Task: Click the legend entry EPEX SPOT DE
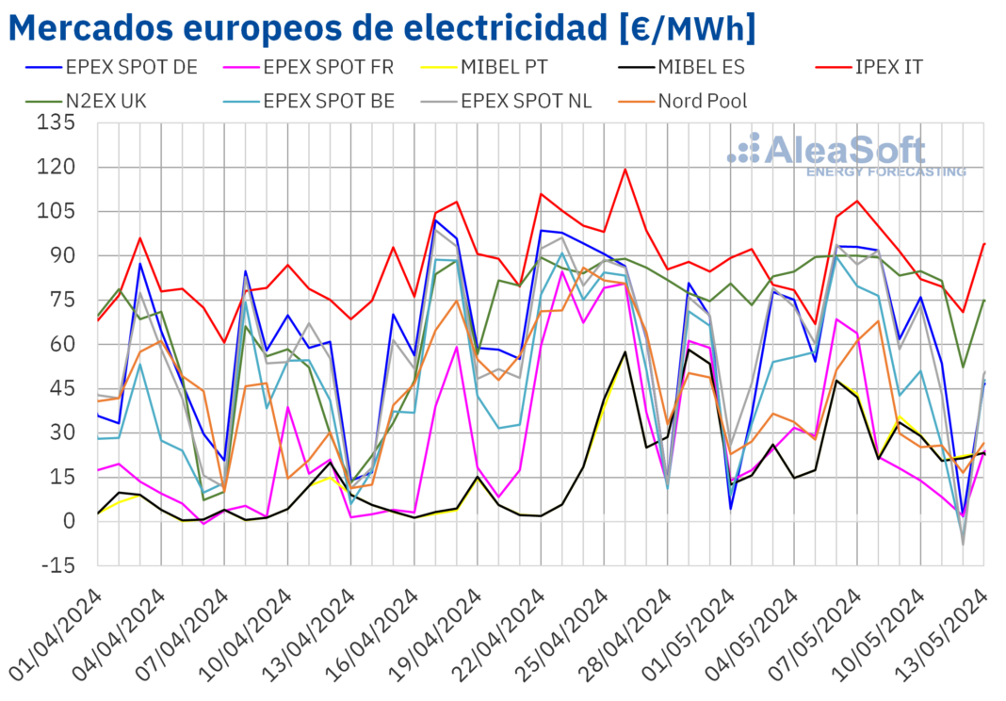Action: point(119,67)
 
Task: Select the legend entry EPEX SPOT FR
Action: point(328,67)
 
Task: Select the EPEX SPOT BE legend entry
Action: point(328,100)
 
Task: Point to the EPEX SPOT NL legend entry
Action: point(526,100)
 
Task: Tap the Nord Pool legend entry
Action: point(702,100)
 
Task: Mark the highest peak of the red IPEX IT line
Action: point(625,170)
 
